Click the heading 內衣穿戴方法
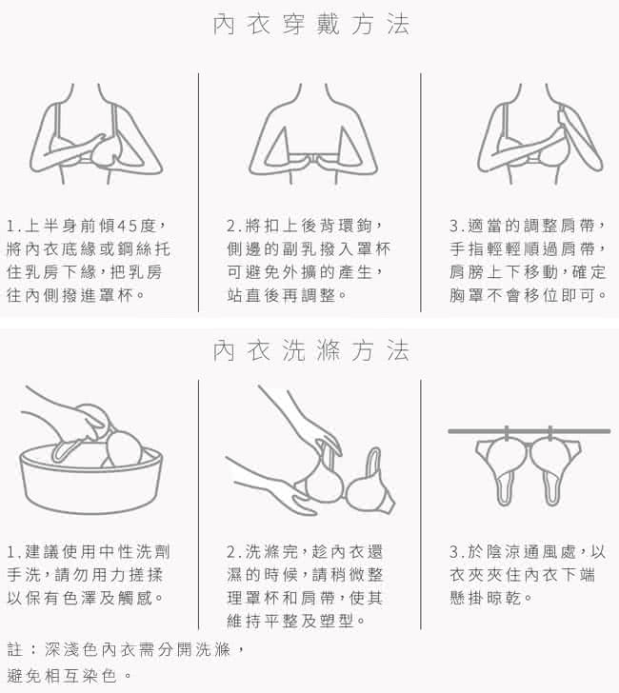[311, 25]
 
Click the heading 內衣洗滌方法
[311, 351]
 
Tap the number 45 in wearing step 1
[128, 227]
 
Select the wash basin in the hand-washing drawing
[91, 480]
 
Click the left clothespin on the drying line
[506, 433]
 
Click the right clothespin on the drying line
[550, 433]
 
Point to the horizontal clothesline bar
[529, 431]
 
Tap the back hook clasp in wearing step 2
[313, 159]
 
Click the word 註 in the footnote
[14, 649]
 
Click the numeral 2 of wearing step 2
[231, 227]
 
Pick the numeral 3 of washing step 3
[454, 552]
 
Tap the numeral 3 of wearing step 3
[454, 227]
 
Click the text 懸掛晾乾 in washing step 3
[486, 599]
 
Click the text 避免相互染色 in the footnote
[62, 675]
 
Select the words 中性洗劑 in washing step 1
[134, 552]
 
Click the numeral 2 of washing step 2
[231, 552]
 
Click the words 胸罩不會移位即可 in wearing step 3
[522, 295]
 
